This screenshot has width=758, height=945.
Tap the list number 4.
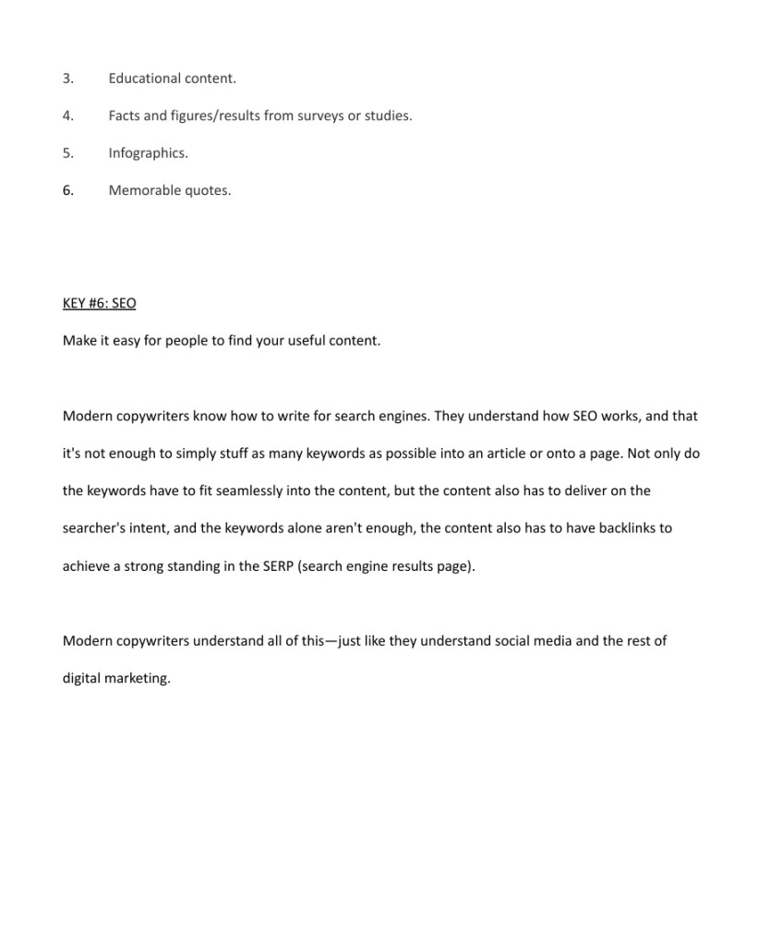click(x=67, y=116)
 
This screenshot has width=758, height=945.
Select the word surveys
click(x=314, y=116)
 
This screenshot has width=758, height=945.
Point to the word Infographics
click(x=148, y=153)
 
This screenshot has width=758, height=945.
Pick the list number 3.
click(x=67, y=79)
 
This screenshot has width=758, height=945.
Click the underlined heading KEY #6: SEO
click(x=99, y=303)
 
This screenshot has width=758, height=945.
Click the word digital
click(x=81, y=679)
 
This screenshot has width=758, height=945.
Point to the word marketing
click(x=138, y=679)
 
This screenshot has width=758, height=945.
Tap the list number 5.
click(x=67, y=153)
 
